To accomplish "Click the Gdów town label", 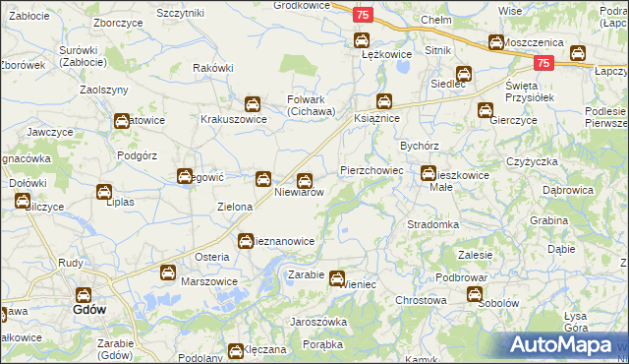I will pyautogui.click(x=89, y=309).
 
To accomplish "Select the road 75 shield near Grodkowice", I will pyautogui.click(x=363, y=15).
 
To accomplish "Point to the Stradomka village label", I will pyautogui.click(x=433, y=224).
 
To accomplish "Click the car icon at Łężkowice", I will pyautogui.click(x=361, y=40).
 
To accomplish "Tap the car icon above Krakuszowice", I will pyautogui.click(x=252, y=103).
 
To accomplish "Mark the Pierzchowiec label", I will pyautogui.click(x=372, y=170).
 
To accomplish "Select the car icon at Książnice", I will pyautogui.click(x=384, y=101).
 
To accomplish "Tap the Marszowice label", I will pyautogui.click(x=210, y=281).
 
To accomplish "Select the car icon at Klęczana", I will pyautogui.click(x=236, y=350).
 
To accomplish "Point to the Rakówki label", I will pyautogui.click(x=213, y=68).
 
